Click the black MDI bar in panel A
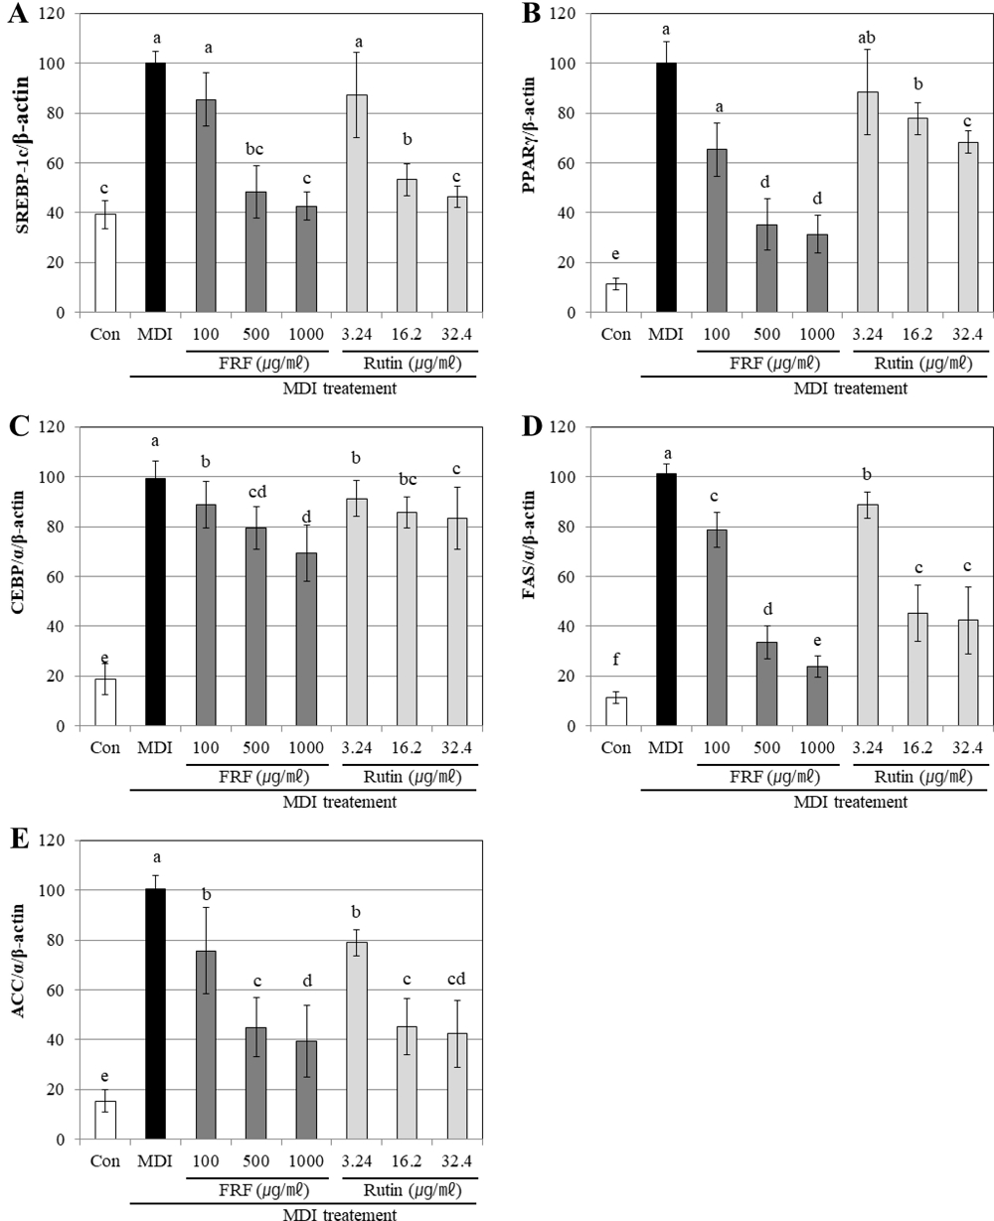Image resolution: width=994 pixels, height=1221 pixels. coord(155,188)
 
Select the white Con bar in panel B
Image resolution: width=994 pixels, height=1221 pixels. coord(616,298)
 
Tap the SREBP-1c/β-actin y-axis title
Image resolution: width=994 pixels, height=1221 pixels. coord(20,164)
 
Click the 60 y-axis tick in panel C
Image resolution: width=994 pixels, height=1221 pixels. coord(59,576)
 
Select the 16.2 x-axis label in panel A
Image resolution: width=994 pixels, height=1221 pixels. coord(407,333)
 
